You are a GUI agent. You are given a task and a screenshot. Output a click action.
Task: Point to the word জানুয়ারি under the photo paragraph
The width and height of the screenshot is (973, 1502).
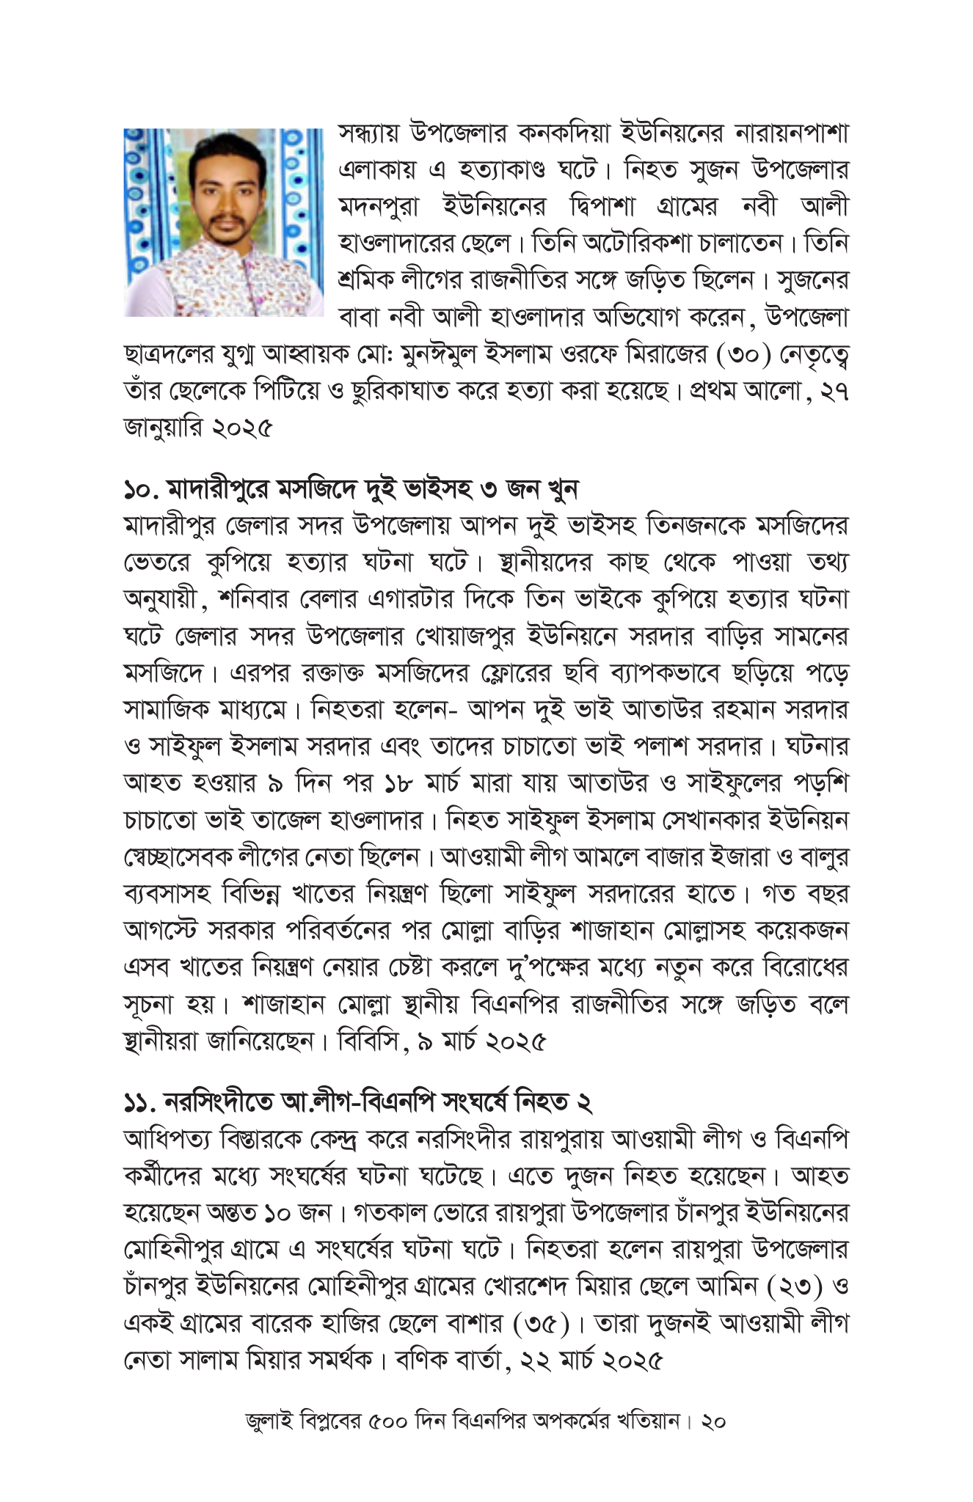pos(161,428)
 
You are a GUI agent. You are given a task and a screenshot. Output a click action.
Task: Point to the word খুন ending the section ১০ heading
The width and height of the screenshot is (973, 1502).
pos(562,488)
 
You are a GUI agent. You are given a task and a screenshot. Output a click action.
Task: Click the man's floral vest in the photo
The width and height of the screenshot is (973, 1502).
pos(213,282)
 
